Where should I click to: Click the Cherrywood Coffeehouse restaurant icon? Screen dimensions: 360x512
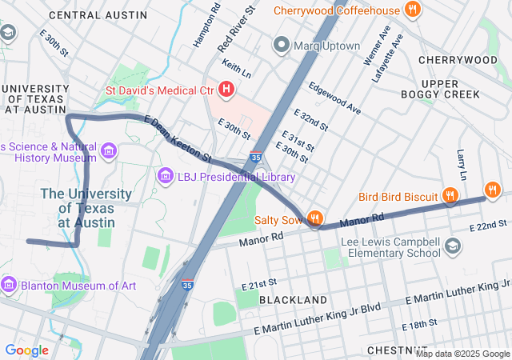click(x=413, y=10)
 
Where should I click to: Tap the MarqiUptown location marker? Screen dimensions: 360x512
click(x=281, y=46)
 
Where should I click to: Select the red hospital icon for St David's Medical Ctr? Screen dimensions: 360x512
click(x=226, y=90)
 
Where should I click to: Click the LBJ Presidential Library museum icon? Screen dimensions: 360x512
click(x=166, y=175)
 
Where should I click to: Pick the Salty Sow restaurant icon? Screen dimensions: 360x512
click(x=316, y=218)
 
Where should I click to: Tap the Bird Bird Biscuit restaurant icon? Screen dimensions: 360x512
click(x=451, y=196)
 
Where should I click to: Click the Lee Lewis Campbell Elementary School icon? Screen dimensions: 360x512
click(x=454, y=246)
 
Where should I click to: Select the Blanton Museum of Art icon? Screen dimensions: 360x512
click(x=9, y=285)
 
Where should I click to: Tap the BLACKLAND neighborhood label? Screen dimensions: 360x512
click(x=293, y=299)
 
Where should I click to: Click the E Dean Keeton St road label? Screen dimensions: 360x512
click(x=178, y=138)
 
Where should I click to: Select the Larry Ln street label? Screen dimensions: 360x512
click(x=462, y=164)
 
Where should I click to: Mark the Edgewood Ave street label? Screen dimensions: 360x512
click(x=335, y=98)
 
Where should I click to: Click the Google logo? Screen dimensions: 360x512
click(x=26, y=350)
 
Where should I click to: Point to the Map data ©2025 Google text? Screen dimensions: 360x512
click(x=462, y=354)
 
